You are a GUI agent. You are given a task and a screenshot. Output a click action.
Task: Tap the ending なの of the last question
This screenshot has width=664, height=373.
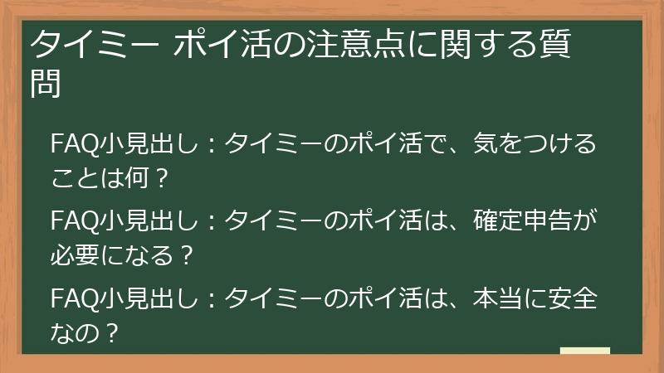pyautogui.click(x=70, y=332)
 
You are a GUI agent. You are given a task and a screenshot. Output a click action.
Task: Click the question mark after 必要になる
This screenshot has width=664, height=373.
pyautogui.click(x=186, y=254)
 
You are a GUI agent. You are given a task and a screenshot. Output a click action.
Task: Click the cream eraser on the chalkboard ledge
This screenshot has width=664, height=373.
pyautogui.click(x=585, y=351)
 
